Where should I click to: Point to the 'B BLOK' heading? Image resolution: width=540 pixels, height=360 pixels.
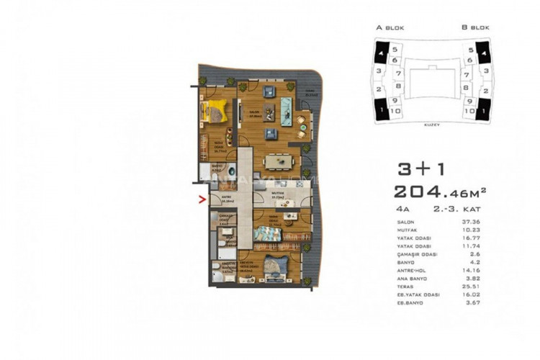477,28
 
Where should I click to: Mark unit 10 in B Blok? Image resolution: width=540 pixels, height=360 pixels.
469,112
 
